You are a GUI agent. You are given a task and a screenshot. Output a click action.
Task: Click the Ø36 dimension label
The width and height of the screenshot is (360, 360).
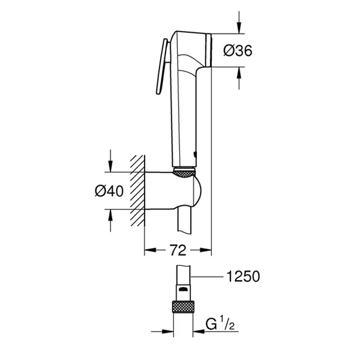point(238,51)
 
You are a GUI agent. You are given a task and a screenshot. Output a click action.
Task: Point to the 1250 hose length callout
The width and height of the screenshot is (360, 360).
point(244,276)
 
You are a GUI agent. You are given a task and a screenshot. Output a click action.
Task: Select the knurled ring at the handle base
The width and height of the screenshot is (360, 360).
point(184,173)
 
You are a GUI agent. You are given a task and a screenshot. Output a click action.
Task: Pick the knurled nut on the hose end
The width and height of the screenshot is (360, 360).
point(185,307)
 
